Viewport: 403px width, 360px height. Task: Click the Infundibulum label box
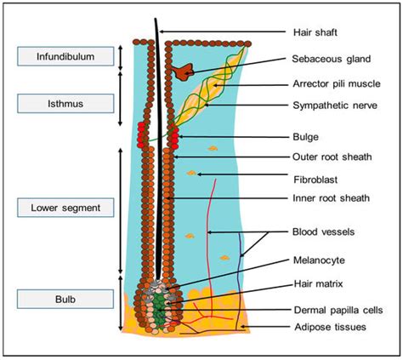coord(65,57)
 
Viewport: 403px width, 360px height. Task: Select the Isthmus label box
coord(65,103)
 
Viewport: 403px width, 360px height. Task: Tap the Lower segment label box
coord(65,207)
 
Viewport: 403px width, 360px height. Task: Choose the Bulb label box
coord(65,299)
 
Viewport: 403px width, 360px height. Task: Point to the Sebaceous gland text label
coord(328,60)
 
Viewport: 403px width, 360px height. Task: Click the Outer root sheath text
coord(329,157)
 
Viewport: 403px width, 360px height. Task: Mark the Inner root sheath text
coord(329,199)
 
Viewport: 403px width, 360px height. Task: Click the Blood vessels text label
coord(323,231)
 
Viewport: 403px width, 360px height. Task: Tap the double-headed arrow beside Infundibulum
coord(121,57)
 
